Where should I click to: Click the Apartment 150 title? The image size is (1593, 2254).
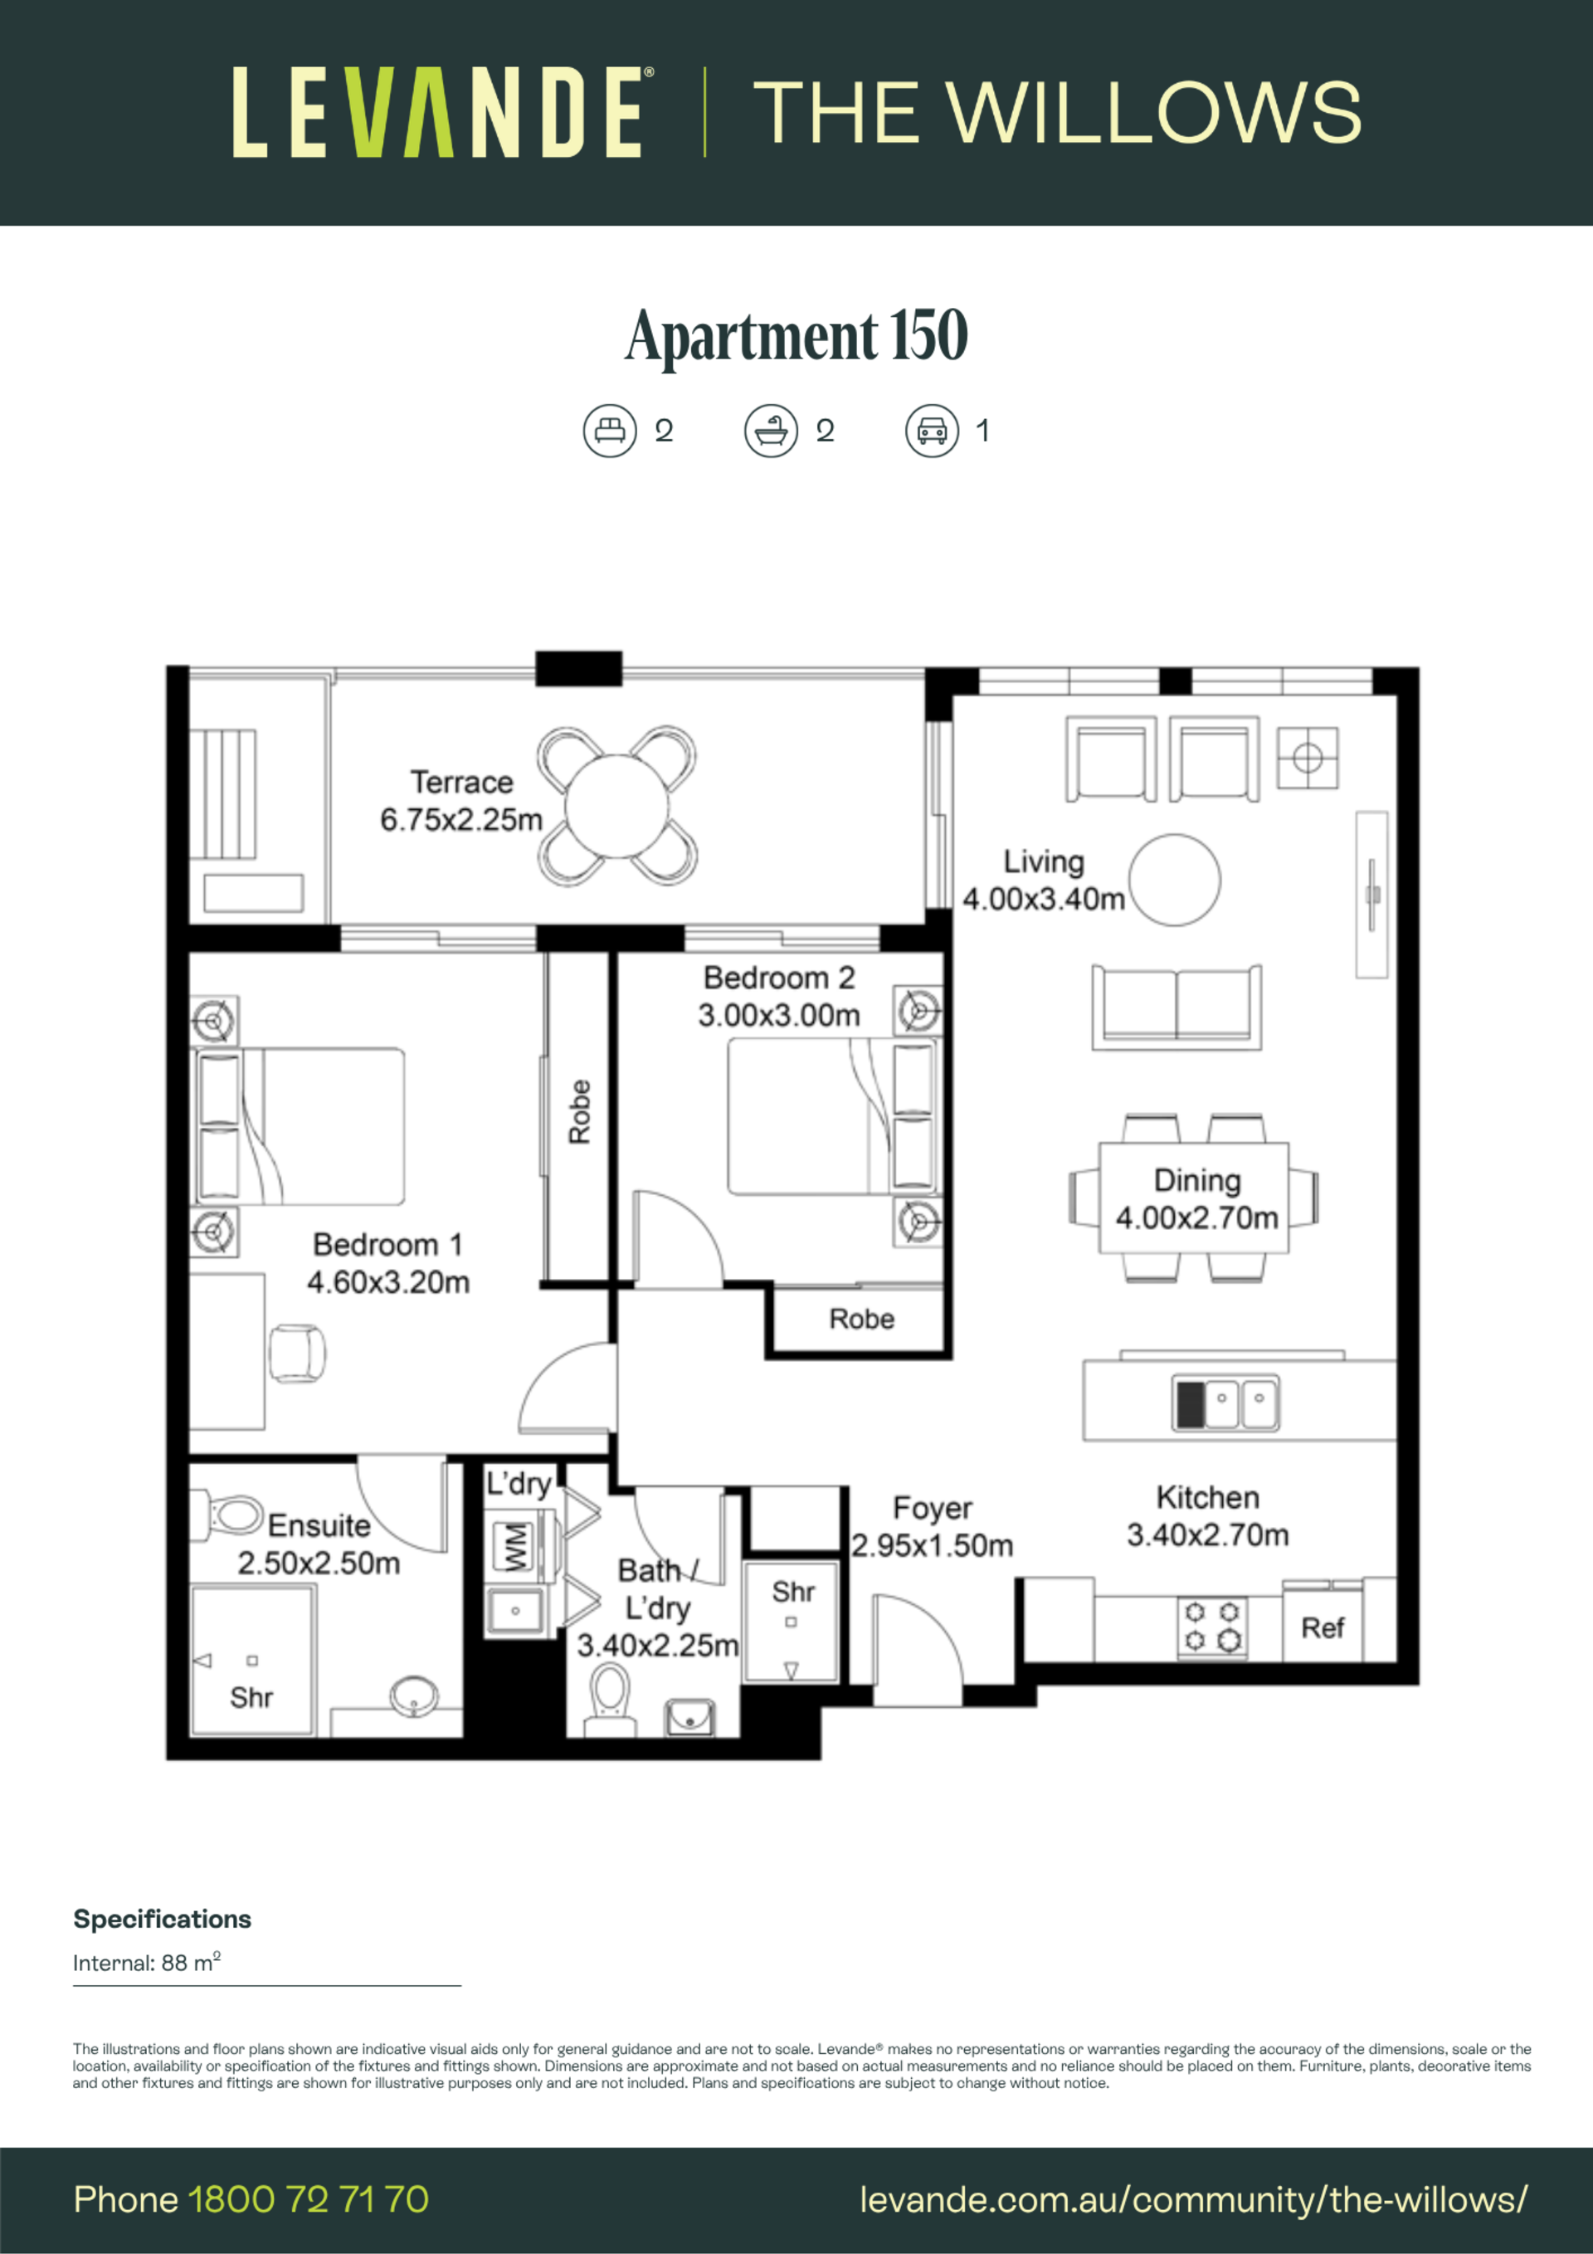coord(796,336)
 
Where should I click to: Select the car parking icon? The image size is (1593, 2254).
coord(932,431)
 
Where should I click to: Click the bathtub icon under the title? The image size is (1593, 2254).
coord(771,431)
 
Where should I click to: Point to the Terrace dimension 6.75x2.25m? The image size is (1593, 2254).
coord(461,820)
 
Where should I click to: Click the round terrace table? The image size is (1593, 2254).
coord(616,806)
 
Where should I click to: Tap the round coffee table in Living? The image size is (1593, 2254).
coord(1174,880)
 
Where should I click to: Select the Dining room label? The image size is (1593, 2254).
coord(1197,1180)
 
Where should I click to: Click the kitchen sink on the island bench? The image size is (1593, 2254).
coord(1227,1402)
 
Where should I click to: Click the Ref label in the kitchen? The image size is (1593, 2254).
coord(1322,1627)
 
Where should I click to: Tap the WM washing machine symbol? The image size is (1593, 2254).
coord(515,1547)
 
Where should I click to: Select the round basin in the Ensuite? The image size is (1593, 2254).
coord(414,1695)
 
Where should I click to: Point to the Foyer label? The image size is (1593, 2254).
coord(933,1508)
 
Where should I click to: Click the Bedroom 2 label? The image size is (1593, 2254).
coord(779,978)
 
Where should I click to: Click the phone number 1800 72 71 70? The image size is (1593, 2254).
coord(308,2199)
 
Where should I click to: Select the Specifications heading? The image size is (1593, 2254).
coord(162,1920)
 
